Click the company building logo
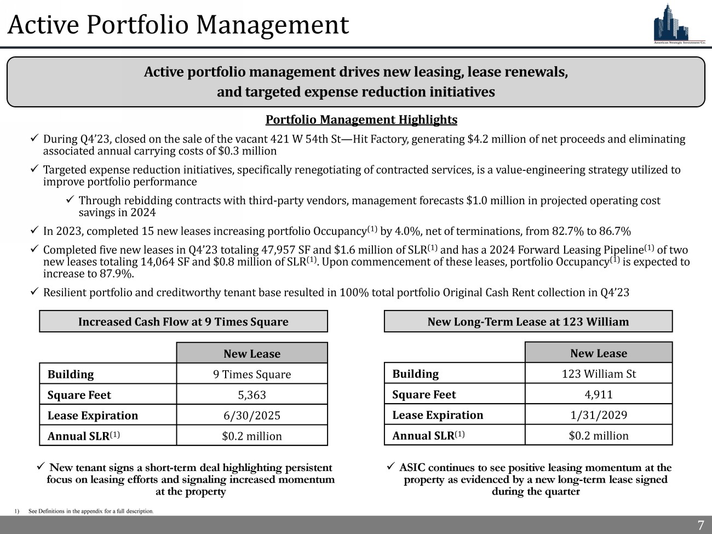pos(679,23)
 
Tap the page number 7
pos(700,525)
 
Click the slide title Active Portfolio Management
pos(179,25)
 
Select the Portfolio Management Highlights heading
pos(361,119)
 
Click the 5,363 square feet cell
pos(252,395)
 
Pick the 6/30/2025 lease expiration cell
pos(252,416)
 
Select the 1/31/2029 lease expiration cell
pos(599,415)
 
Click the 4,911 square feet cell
pos(599,394)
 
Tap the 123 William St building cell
pos(599,374)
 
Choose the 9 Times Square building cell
pos(252,375)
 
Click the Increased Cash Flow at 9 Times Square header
pos(183,321)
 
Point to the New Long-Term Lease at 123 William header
pos(528,321)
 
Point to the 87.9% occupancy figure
pos(118,274)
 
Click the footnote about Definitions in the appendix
pos(91,511)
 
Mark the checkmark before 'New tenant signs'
pos(40,467)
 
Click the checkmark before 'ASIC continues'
pos(391,467)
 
